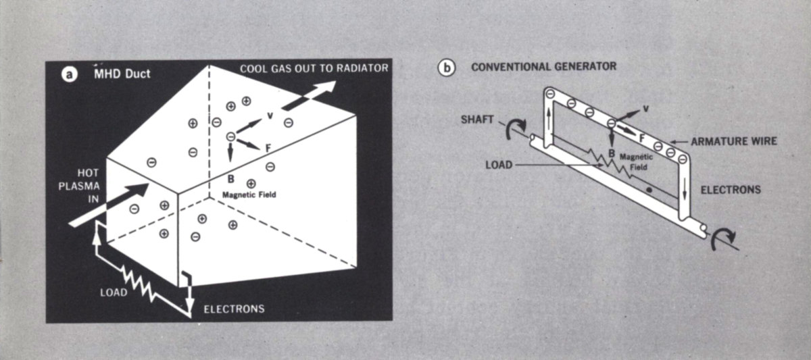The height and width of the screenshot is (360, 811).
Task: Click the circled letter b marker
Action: pos(446,68)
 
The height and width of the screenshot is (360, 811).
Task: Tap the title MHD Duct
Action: pos(122,73)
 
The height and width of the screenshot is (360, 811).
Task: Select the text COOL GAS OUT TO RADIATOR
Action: pos(314,68)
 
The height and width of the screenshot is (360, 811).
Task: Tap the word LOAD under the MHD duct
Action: pos(113,293)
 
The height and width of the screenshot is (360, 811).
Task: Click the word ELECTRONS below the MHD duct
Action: pos(234,310)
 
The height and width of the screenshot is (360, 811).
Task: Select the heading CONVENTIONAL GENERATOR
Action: pos(543,67)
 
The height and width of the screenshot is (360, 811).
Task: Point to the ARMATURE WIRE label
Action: pos(734,141)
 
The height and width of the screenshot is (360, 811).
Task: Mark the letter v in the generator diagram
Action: pos(645,108)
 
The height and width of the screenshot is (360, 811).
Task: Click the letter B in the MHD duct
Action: pos(231,179)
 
